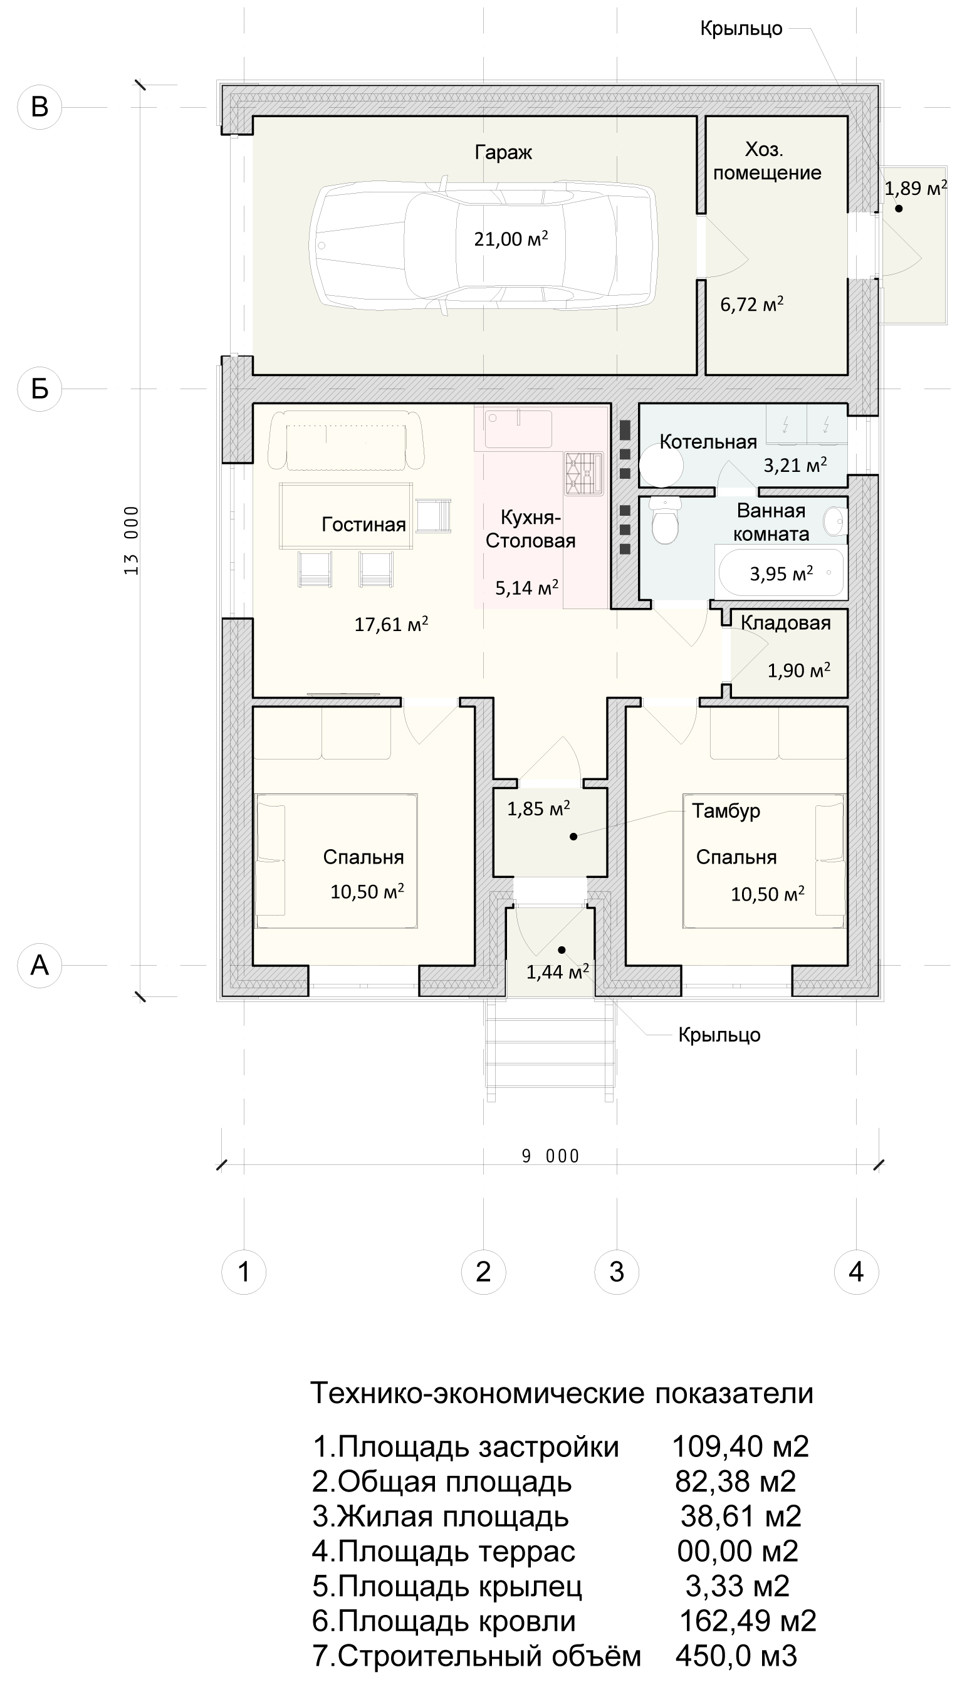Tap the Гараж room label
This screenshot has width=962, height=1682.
[503, 153]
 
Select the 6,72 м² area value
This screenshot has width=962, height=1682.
[752, 304]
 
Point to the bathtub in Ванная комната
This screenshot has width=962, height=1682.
[782, 572]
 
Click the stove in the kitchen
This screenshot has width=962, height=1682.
[584, 474]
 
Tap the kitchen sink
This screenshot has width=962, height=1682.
[519, 429]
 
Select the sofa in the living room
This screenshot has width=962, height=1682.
[345, 439]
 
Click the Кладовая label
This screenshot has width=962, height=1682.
[786, 622]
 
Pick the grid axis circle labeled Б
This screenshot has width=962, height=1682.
[39, 389]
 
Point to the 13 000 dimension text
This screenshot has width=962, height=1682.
[132, 540]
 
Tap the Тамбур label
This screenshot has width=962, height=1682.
[726, 811]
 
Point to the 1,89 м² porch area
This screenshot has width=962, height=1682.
[916, 188]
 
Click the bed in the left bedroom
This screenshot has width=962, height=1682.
[337, 861]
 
